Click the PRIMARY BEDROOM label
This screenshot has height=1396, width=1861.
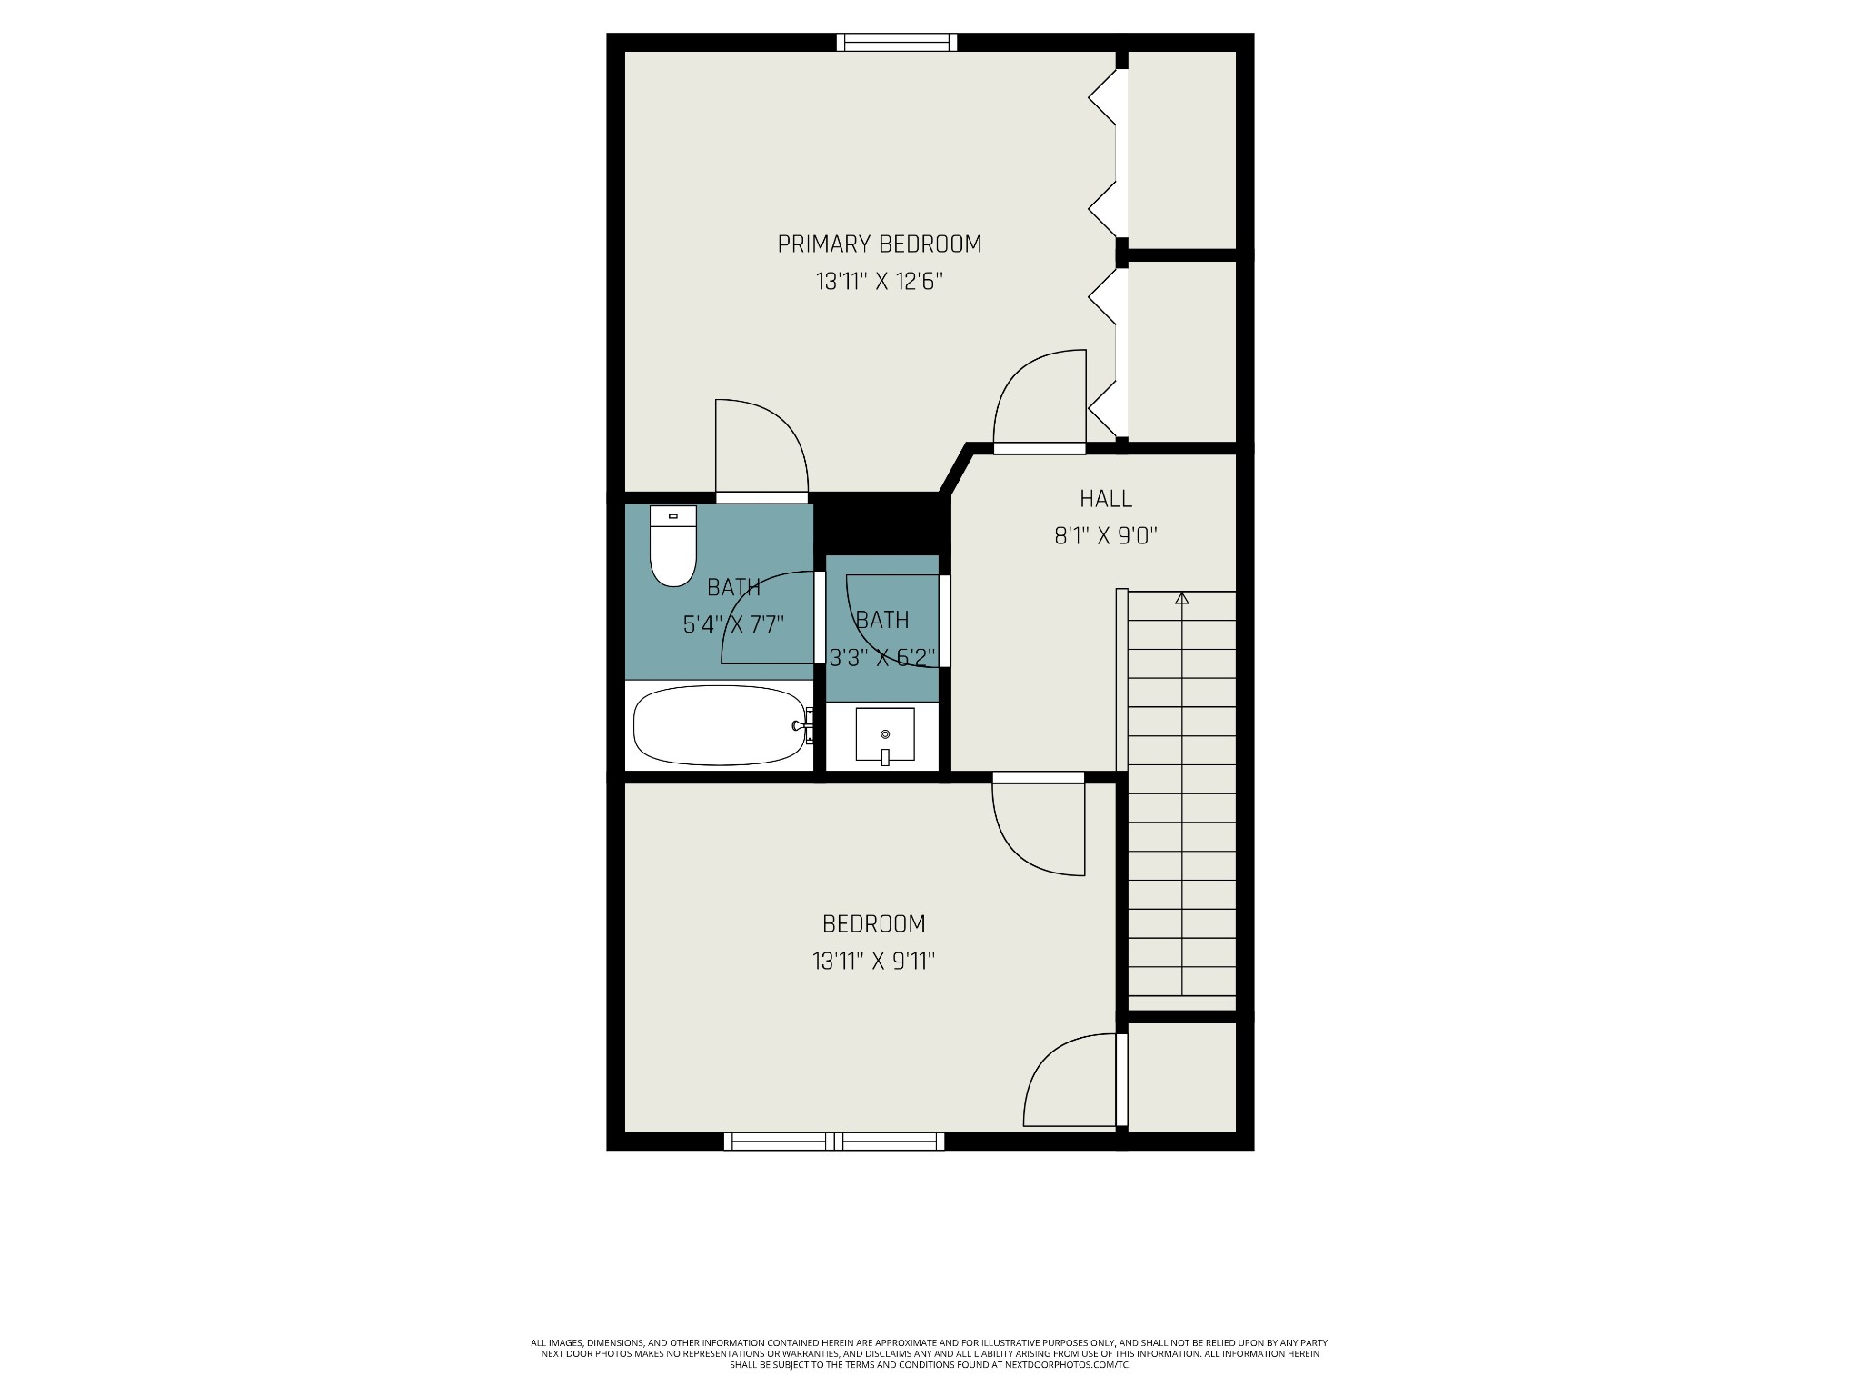[x=879, y=244]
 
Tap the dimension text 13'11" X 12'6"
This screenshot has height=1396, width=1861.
[x=879, y=282]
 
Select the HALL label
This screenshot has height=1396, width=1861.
[x=1106, y=498]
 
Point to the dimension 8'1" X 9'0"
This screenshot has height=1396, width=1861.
[x=1106, y=536]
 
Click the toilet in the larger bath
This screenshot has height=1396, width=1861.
[x=672, y=547]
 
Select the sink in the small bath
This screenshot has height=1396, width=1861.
[x=884, y=734]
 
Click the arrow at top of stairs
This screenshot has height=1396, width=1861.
[x=1181, y=599]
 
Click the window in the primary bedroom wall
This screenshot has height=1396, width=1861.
[x=897, y=42]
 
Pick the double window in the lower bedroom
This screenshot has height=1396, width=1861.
[x=834, y=1141]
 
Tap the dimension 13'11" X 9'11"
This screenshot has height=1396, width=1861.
[x=873, y=962]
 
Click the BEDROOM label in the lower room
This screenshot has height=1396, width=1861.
[x=873, y=923]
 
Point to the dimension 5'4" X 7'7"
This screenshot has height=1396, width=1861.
[x=733, y=624]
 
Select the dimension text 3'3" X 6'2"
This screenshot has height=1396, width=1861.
[x=882, y=657]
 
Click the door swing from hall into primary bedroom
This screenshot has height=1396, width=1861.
[x=1040, y=400]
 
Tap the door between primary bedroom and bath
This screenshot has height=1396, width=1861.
[x=761, y=450]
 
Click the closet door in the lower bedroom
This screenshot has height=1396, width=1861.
[x=1072, y=1082]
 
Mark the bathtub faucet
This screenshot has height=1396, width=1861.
[x=802, y=725]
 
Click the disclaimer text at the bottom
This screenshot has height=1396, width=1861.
[x=930, y=1379]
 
